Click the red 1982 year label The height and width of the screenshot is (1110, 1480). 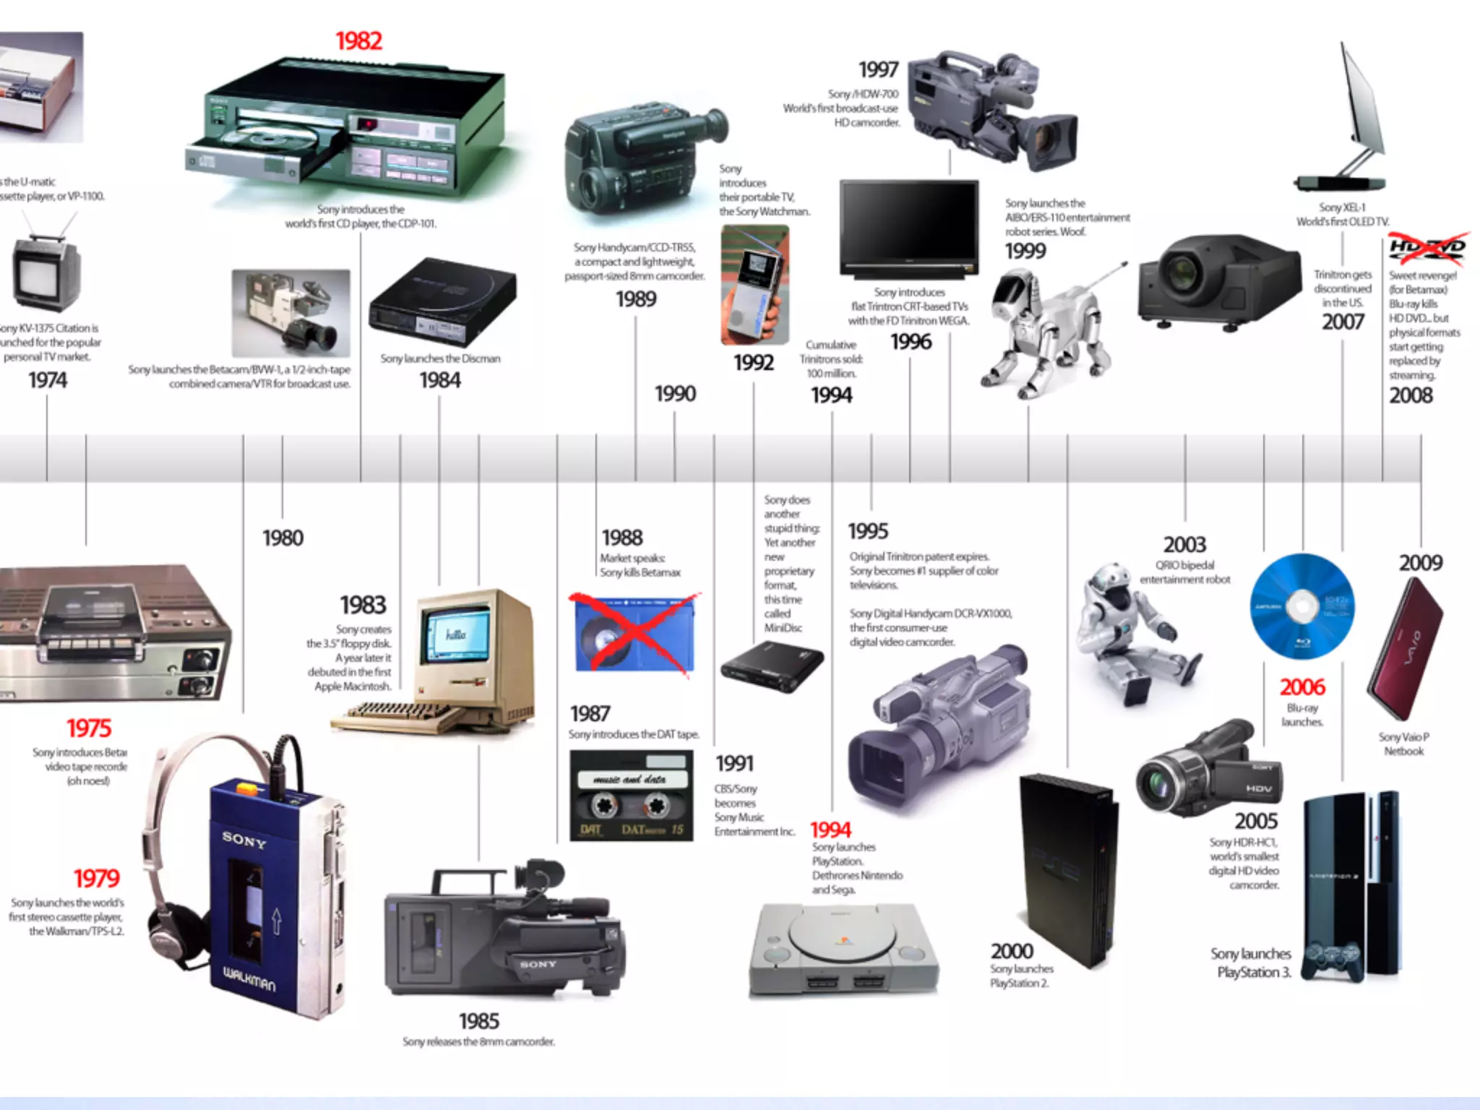click(358, 41)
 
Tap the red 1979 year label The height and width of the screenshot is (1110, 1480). click(96, 878)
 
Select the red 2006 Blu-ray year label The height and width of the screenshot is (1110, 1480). click(1302, 687)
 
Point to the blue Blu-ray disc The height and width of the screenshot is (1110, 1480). click(1302, 606)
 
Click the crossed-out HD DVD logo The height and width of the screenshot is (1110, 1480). click(1427, 248)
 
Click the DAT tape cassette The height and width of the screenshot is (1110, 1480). click(631, 796)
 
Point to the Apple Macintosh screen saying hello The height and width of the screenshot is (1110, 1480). click(456, 634)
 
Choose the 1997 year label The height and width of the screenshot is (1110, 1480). click(878, 69)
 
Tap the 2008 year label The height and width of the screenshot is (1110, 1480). click(1411, 395)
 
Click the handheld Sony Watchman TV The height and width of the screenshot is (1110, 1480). click(755, 285)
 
